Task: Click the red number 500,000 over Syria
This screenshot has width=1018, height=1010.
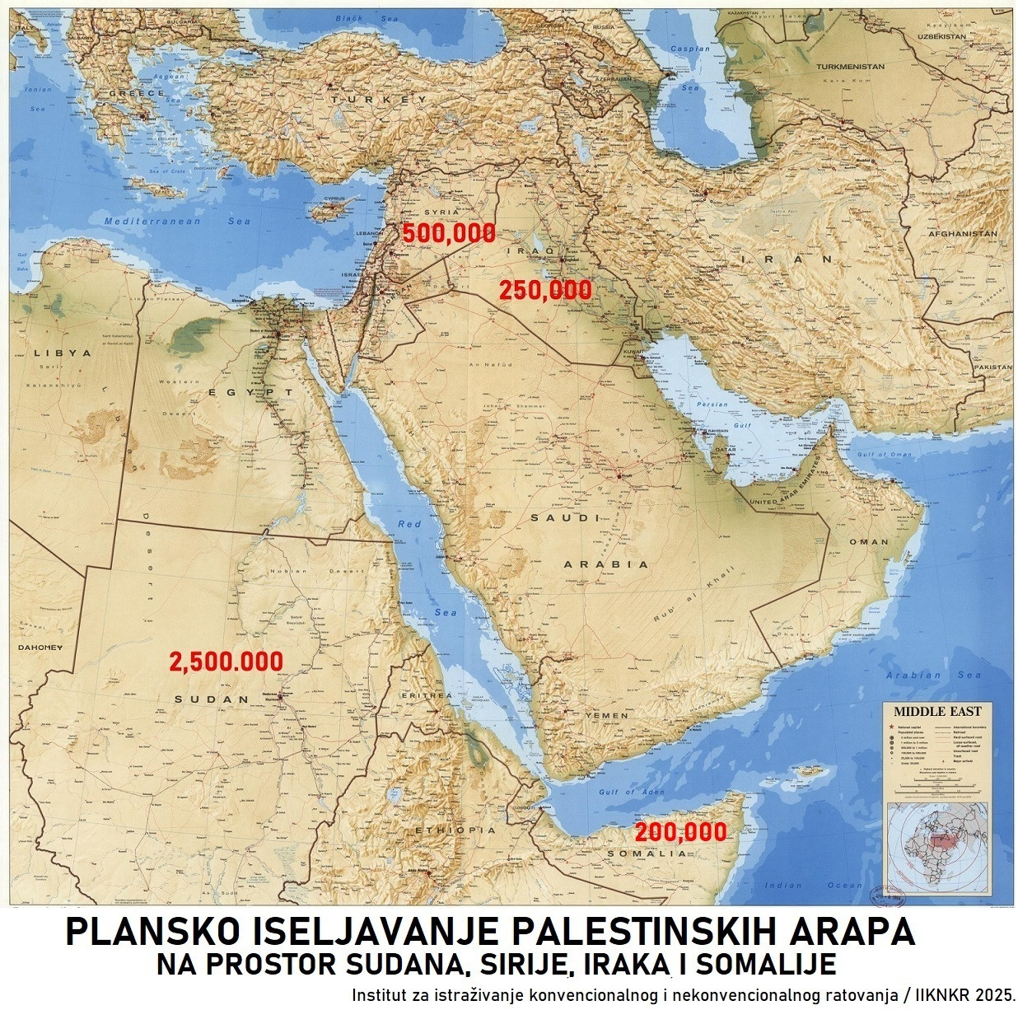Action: coord(449,233)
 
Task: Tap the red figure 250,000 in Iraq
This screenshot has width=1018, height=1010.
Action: coord(544,290)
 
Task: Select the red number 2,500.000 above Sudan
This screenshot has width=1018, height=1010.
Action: coord(226,662)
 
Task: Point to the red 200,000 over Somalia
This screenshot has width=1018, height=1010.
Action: coord(680,831)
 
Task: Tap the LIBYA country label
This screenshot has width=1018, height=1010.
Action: coord(62,353)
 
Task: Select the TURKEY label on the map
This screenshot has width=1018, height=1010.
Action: coord(381,99)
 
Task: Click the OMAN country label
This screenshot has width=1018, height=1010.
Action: coord(869,542)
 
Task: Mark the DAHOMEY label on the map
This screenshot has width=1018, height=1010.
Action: coord(40,648)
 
